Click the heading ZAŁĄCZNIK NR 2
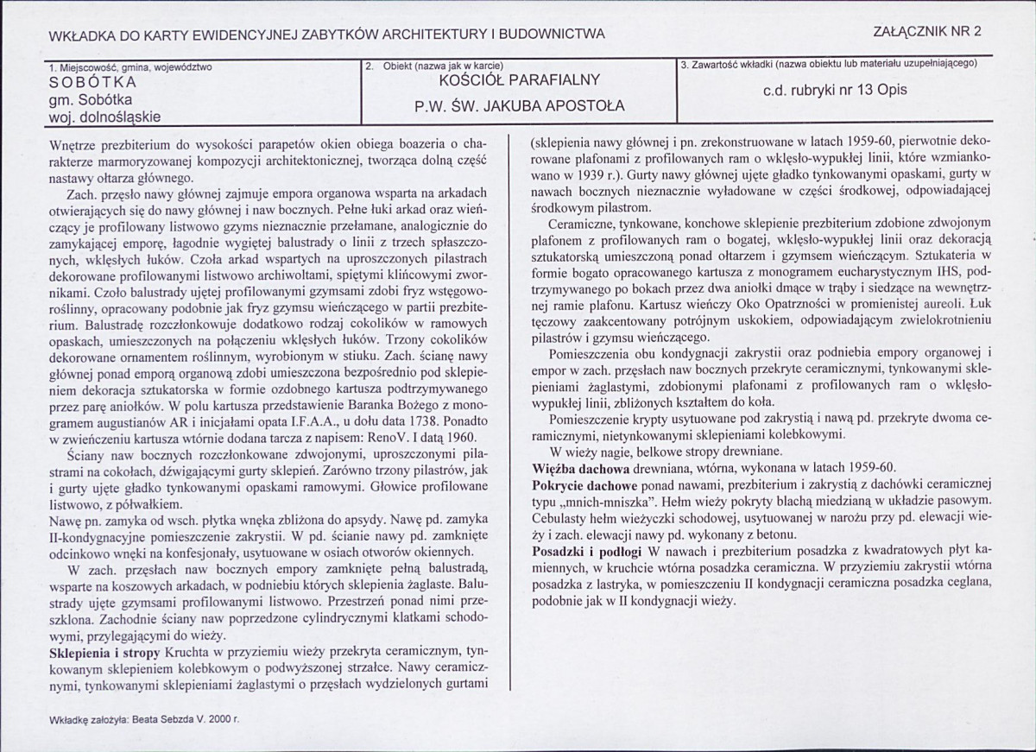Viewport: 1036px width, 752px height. coord(927,32)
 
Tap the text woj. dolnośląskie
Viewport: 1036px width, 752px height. coord(104,115)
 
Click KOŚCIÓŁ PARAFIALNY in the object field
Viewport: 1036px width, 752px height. coord(519,81)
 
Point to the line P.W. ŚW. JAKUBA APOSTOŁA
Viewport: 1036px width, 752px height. coord(519,107)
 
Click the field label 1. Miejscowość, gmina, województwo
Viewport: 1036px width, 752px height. coord(130,66)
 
